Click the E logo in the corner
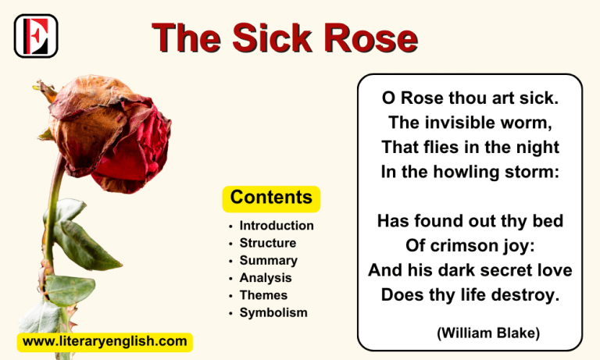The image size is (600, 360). (36, 36)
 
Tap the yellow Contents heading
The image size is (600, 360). (271, 198)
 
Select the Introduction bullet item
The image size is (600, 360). (277, 226)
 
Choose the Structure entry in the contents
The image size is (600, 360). (268, 243)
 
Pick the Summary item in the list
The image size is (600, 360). (268, 260)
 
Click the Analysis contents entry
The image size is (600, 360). (266, 278)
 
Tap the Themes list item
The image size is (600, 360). (263, 295)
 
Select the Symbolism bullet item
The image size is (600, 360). (273, 312)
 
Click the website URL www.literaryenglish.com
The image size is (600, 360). (105, 341)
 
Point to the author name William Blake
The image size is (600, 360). (488, 333)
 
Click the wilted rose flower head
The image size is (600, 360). (109, 129)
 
